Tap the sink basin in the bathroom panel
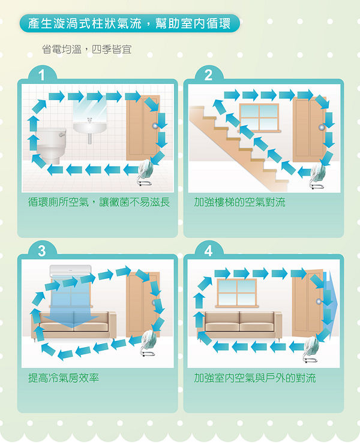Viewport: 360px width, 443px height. (90, 128)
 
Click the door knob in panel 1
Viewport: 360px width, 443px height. (155, 126)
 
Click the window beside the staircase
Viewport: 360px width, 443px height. (259, 117)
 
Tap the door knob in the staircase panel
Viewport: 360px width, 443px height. (322, 127)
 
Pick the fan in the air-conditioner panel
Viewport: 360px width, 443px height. (148, 343)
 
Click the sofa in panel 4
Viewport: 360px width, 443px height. (239, 325)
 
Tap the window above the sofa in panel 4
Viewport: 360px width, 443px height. (237, 293)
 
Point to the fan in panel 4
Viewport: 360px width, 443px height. (311, 349)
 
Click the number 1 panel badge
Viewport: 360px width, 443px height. (42, 75)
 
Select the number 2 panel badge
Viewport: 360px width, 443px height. (208, 75)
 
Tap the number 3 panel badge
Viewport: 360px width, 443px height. (42, 251)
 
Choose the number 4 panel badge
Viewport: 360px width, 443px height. (208, 251)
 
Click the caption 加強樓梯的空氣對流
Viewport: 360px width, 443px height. (239, 202)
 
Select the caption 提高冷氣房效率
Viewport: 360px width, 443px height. (64, 378)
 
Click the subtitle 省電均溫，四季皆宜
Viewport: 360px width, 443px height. (86, 49)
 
